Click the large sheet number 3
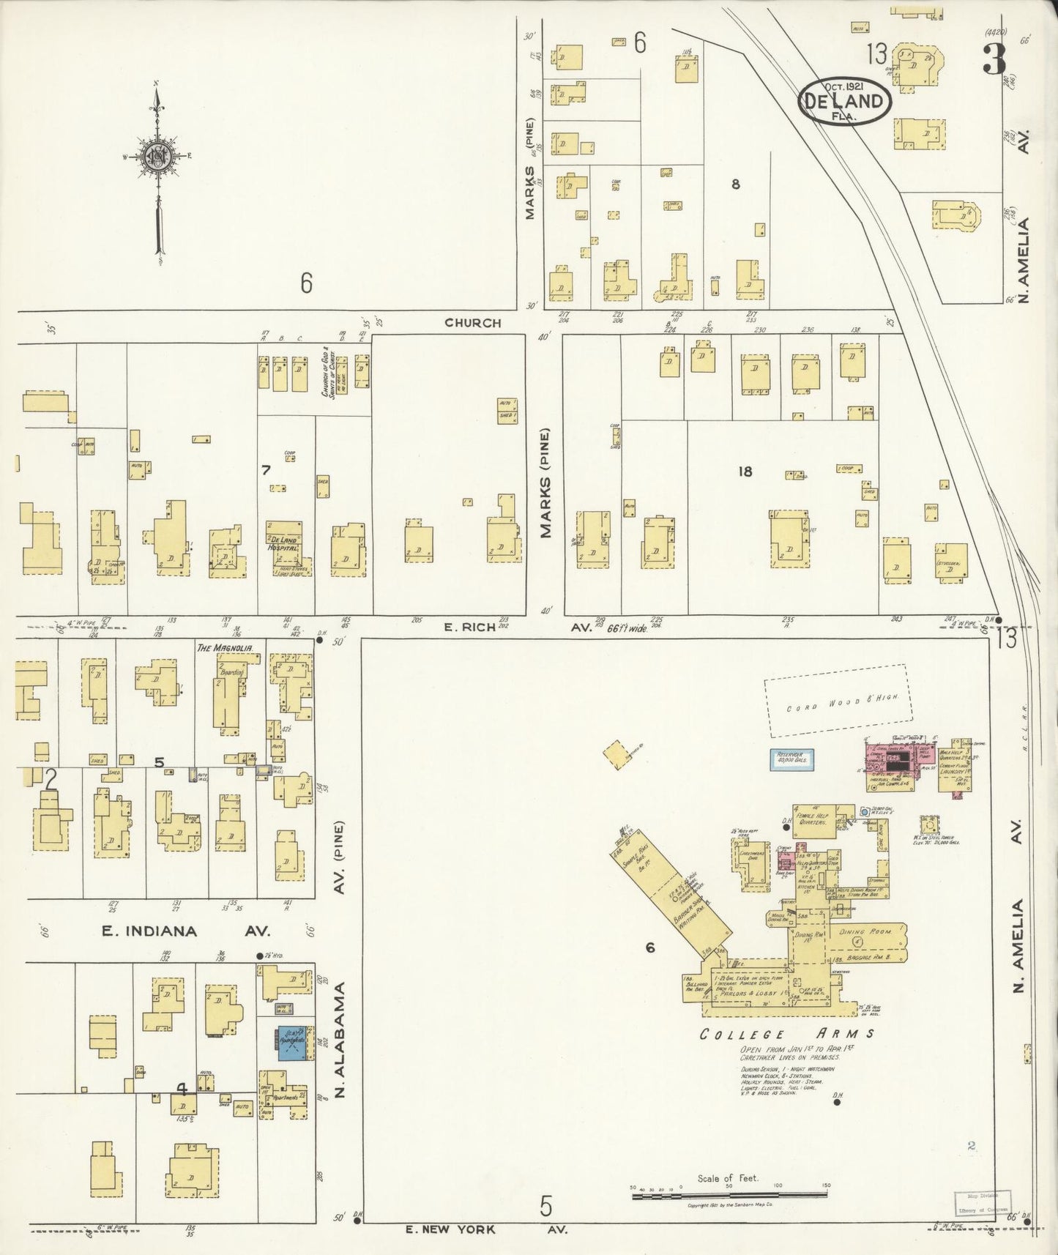point(994,59)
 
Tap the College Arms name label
point(786,1034)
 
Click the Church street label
point(473,323)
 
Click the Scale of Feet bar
point(730,1196)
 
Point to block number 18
point(745,472)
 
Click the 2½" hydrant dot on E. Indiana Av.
point(259,956)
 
